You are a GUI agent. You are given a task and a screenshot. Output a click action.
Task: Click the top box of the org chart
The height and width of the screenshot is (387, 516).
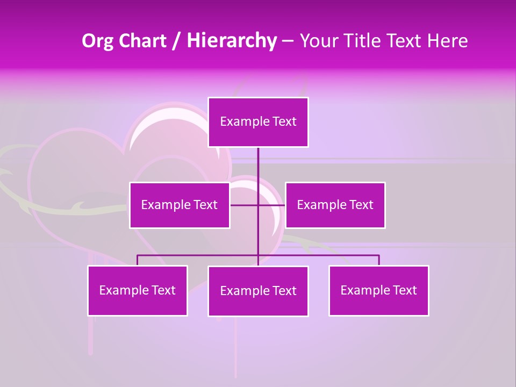click(258, 122)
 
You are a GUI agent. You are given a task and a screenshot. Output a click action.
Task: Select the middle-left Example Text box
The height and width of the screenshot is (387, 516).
click(180, 205)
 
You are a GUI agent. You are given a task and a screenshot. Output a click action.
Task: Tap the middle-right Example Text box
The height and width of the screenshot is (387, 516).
click(335, 205)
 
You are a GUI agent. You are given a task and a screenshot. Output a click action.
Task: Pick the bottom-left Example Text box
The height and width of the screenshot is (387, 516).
click(138, 290)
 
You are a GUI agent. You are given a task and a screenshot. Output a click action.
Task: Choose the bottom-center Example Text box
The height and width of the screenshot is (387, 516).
click(258, 291)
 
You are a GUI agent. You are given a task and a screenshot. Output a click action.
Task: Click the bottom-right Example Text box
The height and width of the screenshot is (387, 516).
click(378, 290)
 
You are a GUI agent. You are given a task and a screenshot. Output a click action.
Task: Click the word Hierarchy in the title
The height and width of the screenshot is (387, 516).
click(232, 41)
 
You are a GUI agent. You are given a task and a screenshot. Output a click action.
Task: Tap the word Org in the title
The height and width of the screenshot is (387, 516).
click(97, 41)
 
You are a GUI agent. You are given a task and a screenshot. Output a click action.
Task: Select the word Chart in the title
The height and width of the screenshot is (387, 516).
click(142, 41)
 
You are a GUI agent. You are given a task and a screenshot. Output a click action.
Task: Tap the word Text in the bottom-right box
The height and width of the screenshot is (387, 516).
click(405, 290)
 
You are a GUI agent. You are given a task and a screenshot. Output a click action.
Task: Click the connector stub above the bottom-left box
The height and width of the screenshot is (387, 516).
click(138, 260)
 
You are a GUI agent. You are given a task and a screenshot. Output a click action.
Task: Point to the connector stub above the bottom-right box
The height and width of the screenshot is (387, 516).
click(378, 260)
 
